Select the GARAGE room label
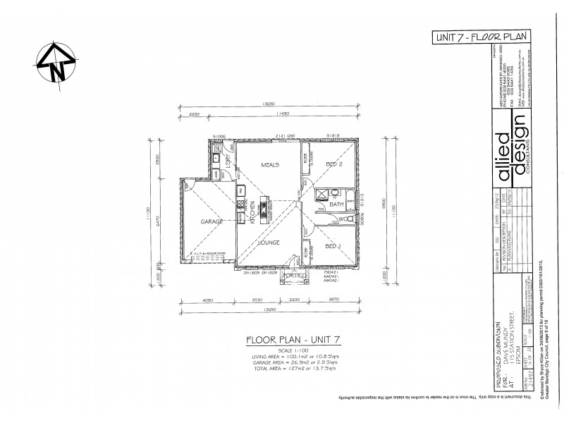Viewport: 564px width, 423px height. pos(212,221)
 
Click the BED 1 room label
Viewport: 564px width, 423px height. pos(333,246)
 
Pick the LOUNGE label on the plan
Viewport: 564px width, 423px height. pos(269,242)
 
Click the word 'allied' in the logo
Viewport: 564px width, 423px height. pos(505,154)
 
